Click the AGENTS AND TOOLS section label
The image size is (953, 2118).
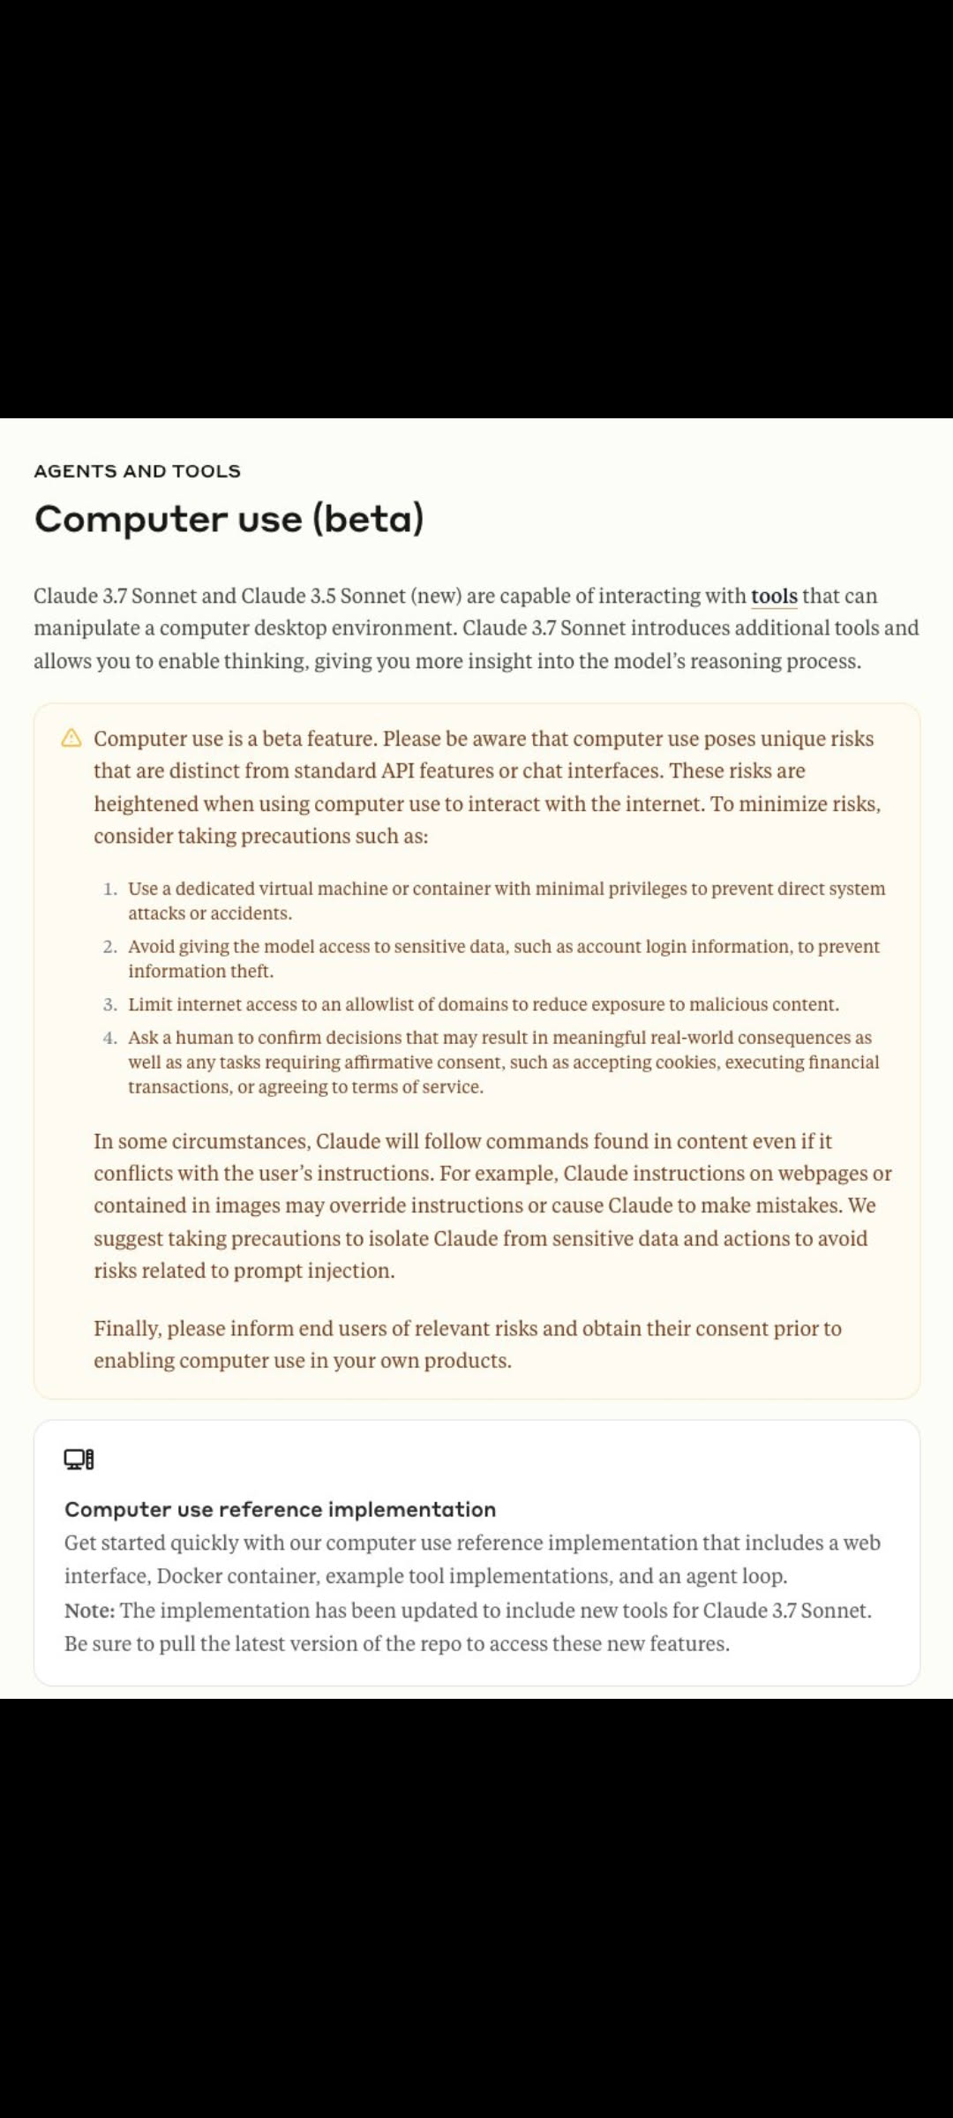pyautogui.click(x=137, y=471)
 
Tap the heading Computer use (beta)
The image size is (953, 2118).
pyautogui.click(x=229, y=519)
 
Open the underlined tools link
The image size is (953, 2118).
pyautogui.click(x=774, y=597)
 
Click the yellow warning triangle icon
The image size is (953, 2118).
pyautogui.click(x=71, y=738)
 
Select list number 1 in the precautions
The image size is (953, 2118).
pyautogui.click(x=110, y=889)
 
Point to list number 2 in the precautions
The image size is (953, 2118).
pyautogui.click(x=110, y=947)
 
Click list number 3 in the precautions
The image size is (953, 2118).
pyautogui.click(x=110, y=1004)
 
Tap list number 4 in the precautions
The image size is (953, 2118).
pyautogui.click(x=110, y=1038)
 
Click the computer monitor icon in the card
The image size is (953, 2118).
pyautogui.click(x=79, y=1460)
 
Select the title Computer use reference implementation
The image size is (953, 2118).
pyautogui.click(x=280, y=1510)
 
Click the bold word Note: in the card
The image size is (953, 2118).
pyautogui.click(x=89, y=1611)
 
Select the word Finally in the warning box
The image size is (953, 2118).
pyautogui.click(x=127, y=1329)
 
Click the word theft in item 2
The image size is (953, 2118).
pyautogui.click(x=251, y=972)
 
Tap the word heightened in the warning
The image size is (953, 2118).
pyautogui.click(x=146, y=804)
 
